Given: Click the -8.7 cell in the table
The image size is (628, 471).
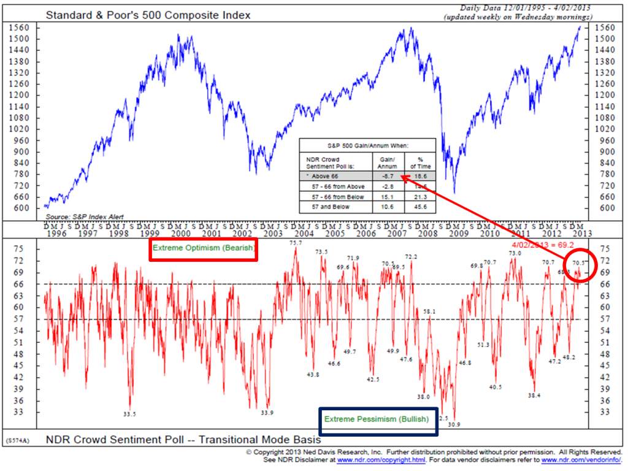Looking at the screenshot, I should (x=388, y=175).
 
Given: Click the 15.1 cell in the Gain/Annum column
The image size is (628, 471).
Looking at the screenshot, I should (x=388, y=197).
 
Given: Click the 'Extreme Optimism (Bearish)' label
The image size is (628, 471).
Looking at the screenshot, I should (x=203, y=250).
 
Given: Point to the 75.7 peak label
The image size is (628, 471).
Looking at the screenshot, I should (x=296, y=243).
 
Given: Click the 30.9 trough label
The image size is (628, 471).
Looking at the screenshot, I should (x=454, y=424).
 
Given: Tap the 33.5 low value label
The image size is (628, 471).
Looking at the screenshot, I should (x=129, y=415).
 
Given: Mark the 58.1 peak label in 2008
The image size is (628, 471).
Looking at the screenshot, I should (x=430, y=312).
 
